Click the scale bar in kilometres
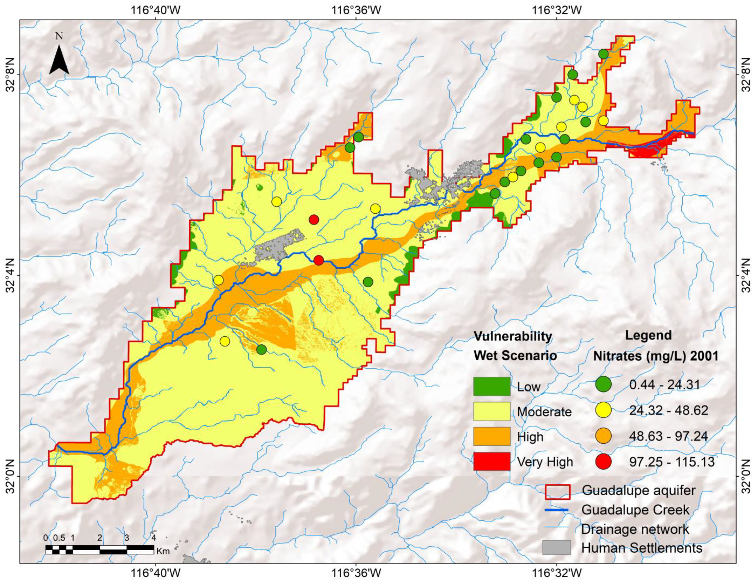pyautogui.click(x=100, y=550)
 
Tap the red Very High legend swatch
pyautogui.click(x=492, y=461)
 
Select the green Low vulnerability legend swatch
pyautogui.click(x=492, y=386)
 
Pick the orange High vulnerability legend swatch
pyautogui.click(x=492, y=436)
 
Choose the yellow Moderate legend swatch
pyautogui.click(x=492, y=411)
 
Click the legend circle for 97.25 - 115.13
pyautogui.click(x=603, y=461)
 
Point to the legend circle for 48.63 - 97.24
pyautogui.click(x=603, y=436)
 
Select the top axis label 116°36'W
pyautogui.click(x=357, y=10)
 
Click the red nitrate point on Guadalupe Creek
pyautogui.click(x=319, y=260)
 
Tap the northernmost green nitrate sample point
pyautogui.click(x=603, y=54)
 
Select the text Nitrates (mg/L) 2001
pyautogui.click(x=655, y=356)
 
